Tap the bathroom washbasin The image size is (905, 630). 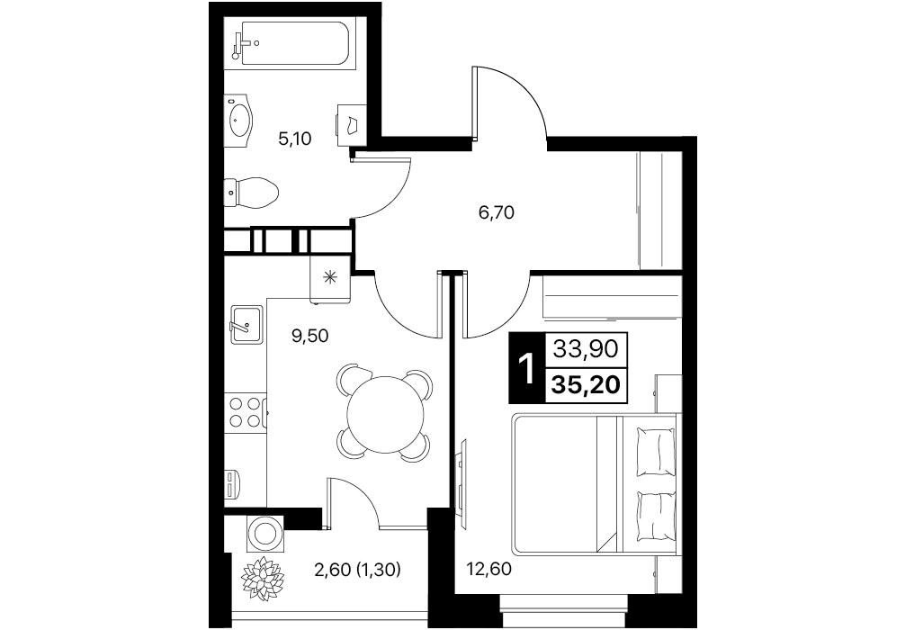(x=238, y=117)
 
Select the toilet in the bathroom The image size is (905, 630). (x=252, y=192)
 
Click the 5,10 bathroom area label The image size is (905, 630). (x=295, y=139)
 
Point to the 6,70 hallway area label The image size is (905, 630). (x=497, y=213)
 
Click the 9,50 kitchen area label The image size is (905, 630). (x=310, y=336)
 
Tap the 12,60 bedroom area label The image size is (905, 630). (x=488, y=570)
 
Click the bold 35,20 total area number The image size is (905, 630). (x=586, y=383)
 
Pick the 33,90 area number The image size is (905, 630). (x=586, y=348)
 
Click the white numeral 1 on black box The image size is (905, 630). (x=526, y=368)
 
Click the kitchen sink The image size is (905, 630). (x=246, y=325)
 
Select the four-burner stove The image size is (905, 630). (x=246, y=411)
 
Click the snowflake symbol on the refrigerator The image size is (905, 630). (x=330, y=278)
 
